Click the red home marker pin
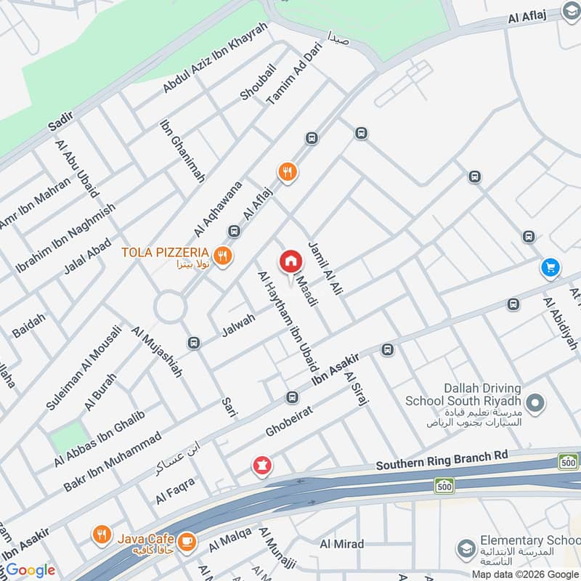(x=290, y=261)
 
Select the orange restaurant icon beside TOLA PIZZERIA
(x=222, y=255)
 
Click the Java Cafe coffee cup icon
(x=187, y=540)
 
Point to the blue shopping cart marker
(x=550, y=268)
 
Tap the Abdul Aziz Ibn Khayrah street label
(x=215, y=57)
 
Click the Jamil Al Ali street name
(x=325, y=267)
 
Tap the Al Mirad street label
(x=341, y=543)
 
